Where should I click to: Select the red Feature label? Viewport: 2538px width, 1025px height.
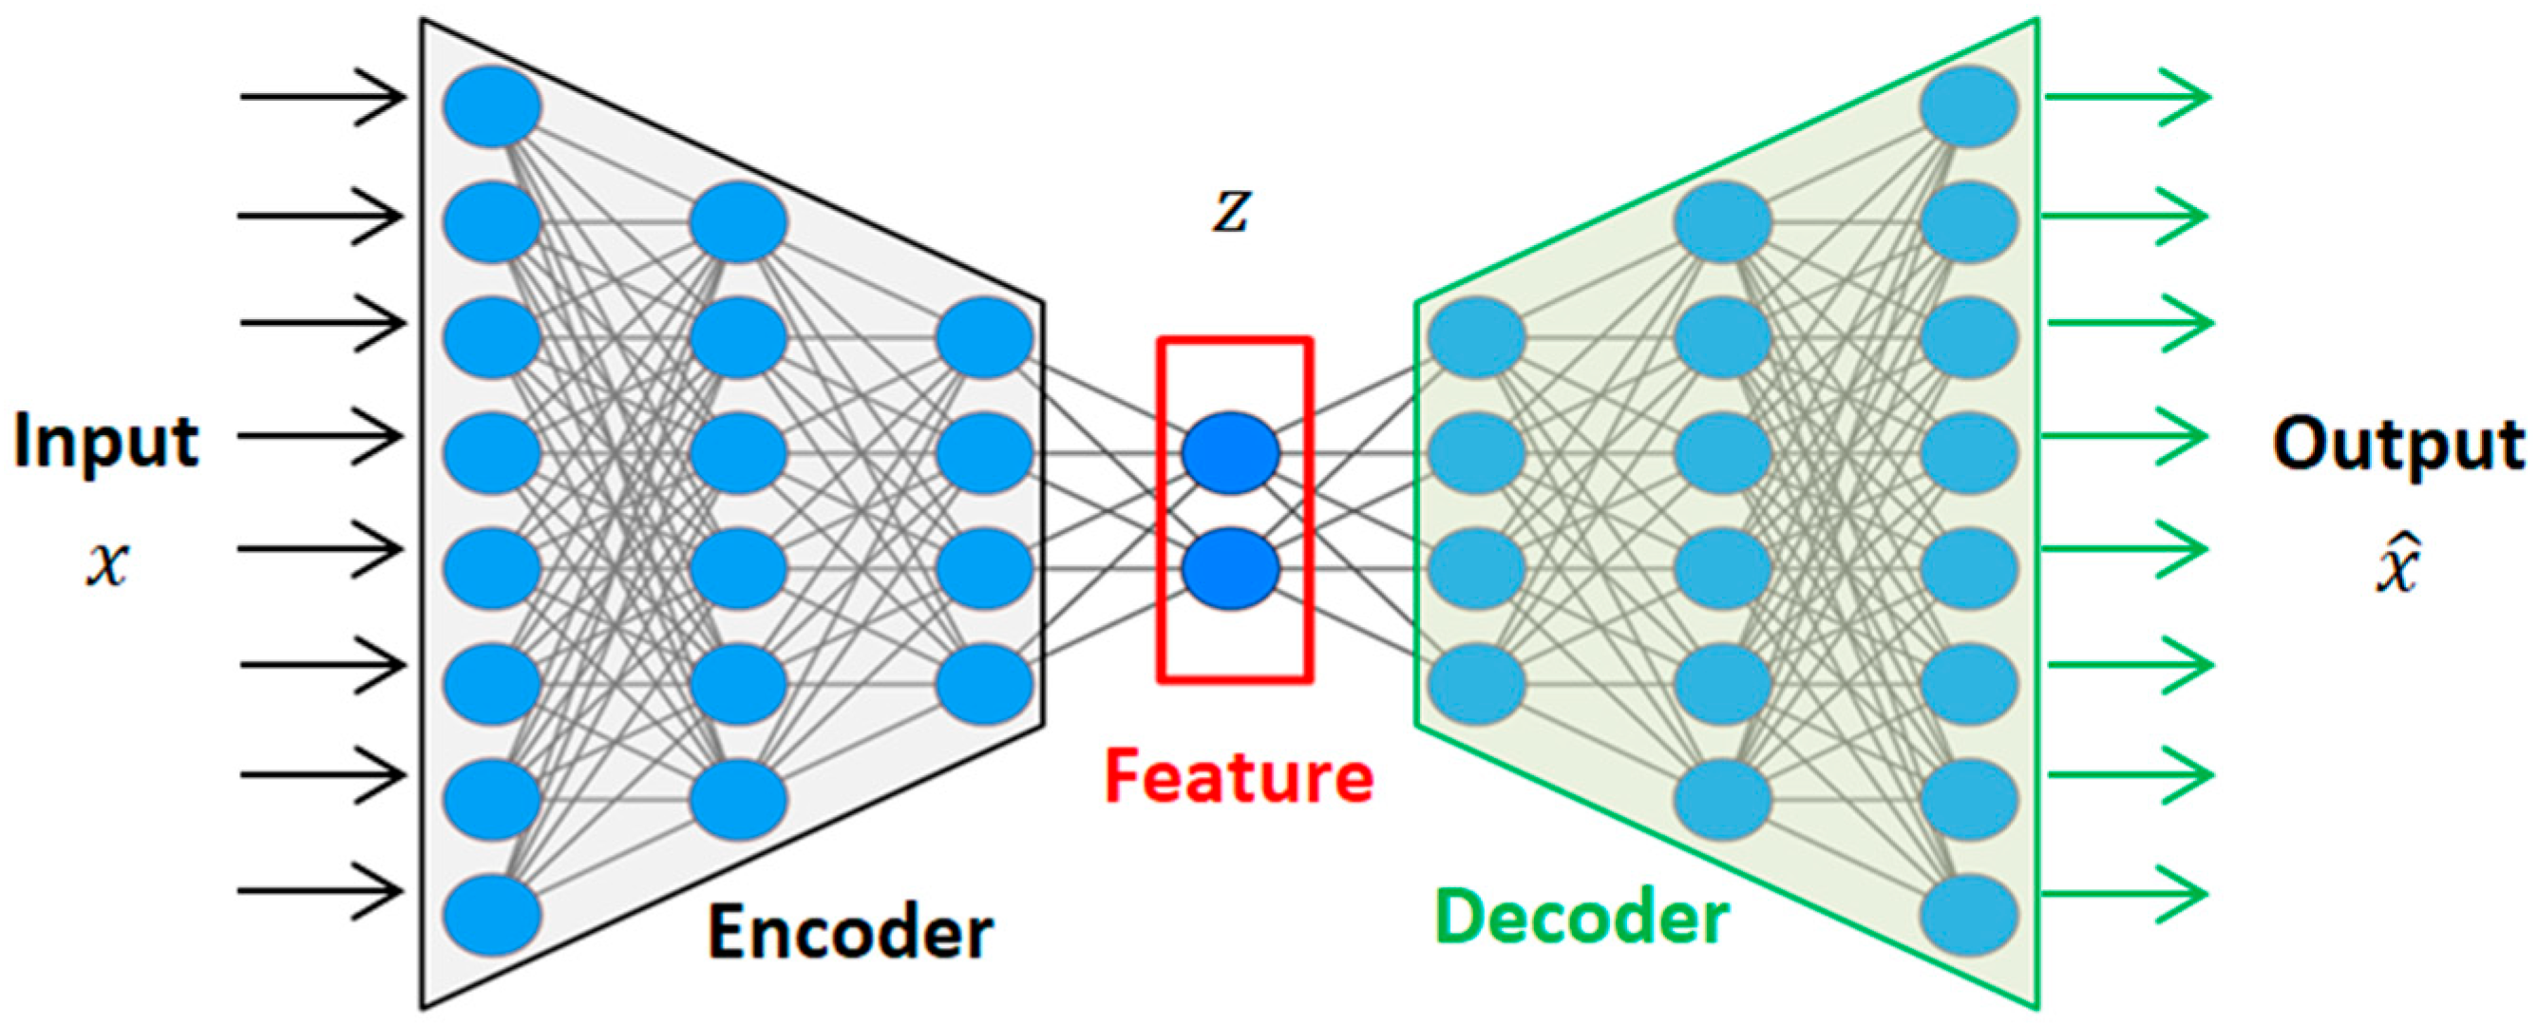coord(1239,777)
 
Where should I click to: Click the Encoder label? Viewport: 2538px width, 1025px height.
coord(850,932)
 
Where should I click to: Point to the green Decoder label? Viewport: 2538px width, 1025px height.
coord(1582,918)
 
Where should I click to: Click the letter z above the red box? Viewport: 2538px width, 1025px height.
coord(1232,212)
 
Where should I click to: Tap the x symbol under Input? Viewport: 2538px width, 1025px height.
coord(107,567)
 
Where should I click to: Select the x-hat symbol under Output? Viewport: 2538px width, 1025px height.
coord(2398,561)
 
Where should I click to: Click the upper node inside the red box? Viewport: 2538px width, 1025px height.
coord(1231,453)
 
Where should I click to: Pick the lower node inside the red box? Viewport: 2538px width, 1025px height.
coord(1231,569)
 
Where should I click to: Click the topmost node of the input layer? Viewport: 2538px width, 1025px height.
coord(492,107)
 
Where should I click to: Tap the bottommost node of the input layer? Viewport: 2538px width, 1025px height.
coord(492,915)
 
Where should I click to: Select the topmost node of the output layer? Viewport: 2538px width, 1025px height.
coord(1969,107)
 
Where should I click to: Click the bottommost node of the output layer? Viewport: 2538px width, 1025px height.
coord(1969,915)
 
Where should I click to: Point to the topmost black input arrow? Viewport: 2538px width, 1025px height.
coord(323,98)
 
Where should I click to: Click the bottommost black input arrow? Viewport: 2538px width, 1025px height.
coord(321,891)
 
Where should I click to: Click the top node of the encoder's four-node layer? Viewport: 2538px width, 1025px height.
coord(984,338)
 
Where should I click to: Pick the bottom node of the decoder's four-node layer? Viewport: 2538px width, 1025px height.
coord(1477,684)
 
